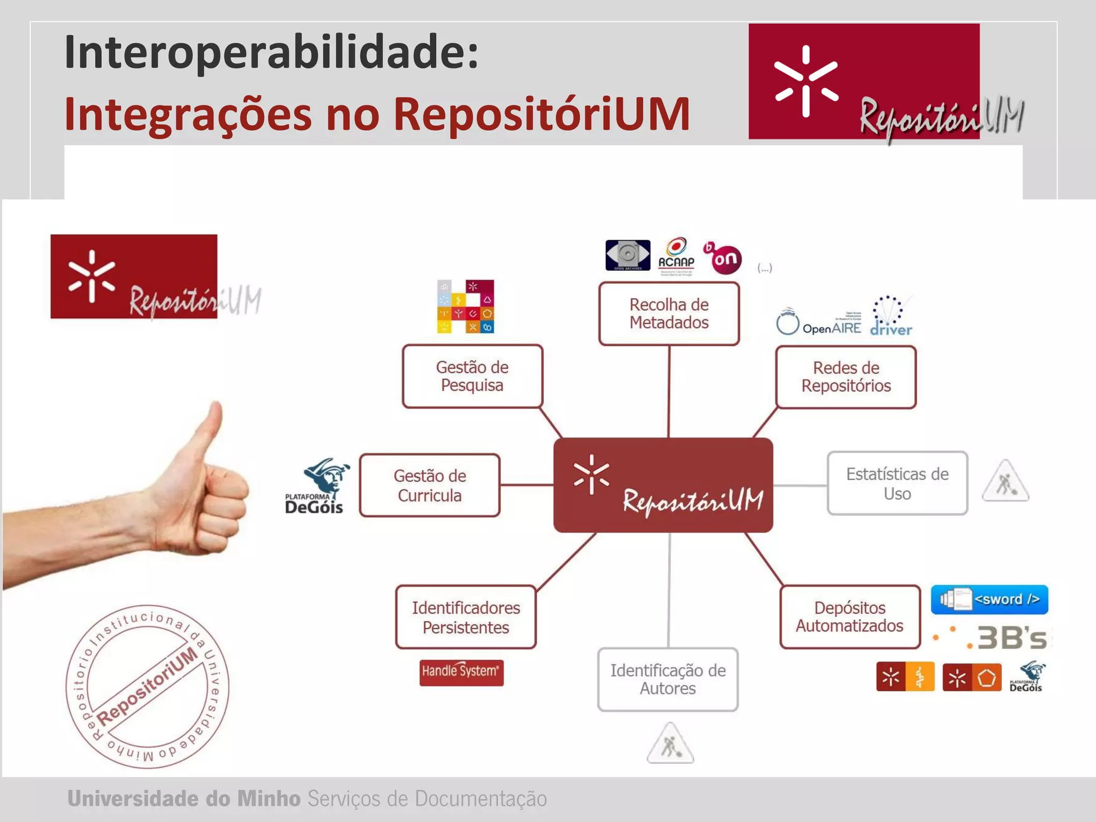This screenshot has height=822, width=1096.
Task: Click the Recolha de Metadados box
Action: coord(669,314)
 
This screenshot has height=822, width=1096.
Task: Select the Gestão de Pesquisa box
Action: coord(472,376)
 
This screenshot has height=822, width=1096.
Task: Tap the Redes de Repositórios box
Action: coord(846,377)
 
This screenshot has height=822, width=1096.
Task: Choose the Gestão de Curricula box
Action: coord(430,485)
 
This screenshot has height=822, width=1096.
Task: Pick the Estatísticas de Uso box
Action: coord(897,483)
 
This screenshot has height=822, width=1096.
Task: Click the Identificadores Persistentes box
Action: coord(466,617)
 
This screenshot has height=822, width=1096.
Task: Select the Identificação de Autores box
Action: coord(668,679)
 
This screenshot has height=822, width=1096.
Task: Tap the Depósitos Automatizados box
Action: coord(849,616)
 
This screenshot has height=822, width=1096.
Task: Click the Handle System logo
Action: coord(461,672)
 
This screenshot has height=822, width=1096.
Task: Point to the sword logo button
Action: coord(990,599)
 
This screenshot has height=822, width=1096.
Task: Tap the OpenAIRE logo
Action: coord(819,323)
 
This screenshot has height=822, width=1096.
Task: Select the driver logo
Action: coord(890,317)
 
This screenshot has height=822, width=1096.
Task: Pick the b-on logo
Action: coord(723,257)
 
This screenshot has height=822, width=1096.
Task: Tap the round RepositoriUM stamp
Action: coord(147,687)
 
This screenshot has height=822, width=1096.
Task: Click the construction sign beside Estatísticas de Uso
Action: coord(1006,482)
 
